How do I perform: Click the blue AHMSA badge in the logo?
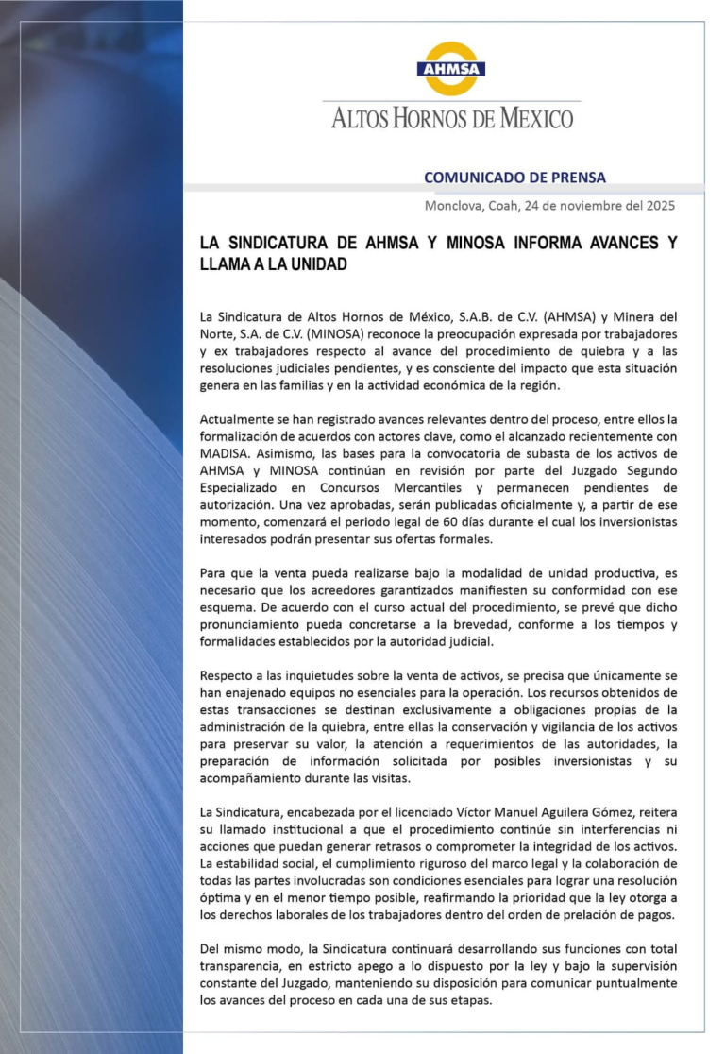451,70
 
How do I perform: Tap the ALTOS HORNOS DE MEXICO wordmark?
452,119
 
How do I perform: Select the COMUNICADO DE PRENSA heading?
514,178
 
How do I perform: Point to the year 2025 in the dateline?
660,205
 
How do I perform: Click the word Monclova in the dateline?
454,205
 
